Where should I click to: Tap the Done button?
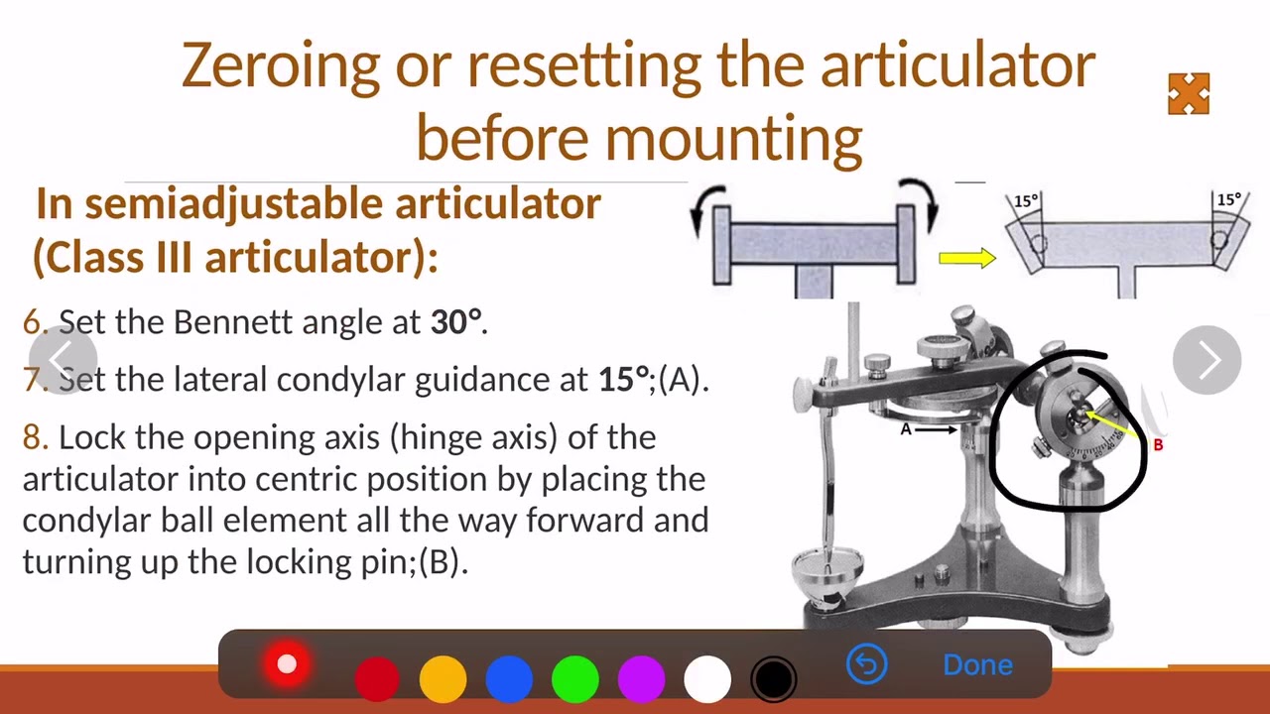977,664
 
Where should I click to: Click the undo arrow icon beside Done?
866,664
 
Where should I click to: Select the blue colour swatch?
509,679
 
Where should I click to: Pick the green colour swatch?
575,679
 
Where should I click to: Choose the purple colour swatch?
641,679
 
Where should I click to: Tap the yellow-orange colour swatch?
443,679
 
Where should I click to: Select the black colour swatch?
773,679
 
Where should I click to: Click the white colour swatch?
707,679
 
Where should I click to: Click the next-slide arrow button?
1206,360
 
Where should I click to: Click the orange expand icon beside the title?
1189,94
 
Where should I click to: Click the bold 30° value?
456,322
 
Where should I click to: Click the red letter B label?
1157,445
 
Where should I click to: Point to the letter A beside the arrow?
906,429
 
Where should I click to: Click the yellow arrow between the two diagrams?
967,259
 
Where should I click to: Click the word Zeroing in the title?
281,65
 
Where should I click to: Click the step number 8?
34,437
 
